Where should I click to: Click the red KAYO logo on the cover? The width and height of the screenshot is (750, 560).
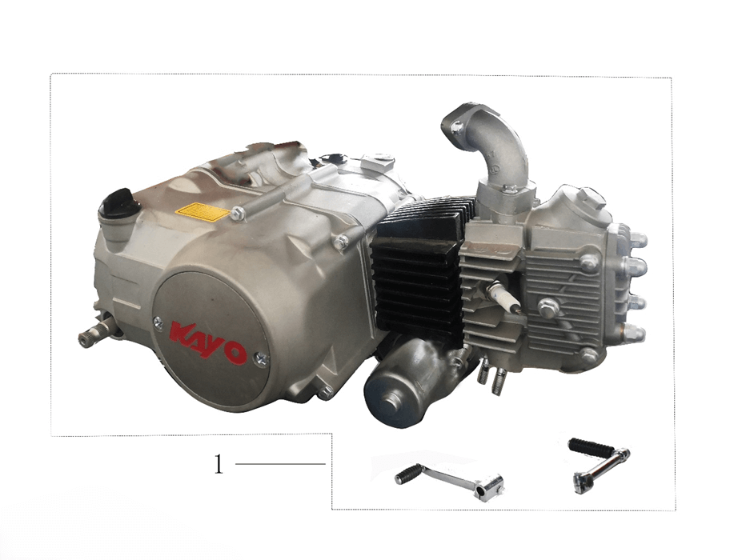pyautogui.click(x=207, y=343)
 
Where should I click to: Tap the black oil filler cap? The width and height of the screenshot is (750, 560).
pyautogui.click(x=119, y=204)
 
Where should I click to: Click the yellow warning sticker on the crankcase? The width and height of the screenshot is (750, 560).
pyautogui.click(x=203, y=211)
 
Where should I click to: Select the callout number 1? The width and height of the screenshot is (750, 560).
pyautogui.click(x=219, y=463)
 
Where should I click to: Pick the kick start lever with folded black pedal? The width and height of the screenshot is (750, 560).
pyautogui.click(x=599, y=464)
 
